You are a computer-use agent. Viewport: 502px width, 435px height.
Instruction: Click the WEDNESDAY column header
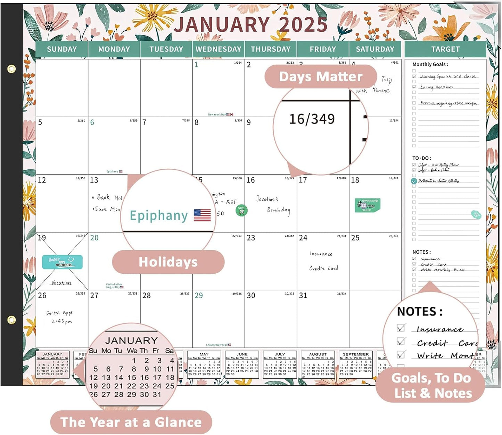218,49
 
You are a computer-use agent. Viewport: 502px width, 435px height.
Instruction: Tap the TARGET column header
445,49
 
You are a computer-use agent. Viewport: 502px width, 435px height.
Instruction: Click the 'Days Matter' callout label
321,76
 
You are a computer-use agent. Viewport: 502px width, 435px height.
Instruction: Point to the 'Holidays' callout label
168,262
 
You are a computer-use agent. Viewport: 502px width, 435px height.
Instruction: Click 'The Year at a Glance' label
131,422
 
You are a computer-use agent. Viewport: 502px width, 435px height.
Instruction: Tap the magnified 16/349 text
312,119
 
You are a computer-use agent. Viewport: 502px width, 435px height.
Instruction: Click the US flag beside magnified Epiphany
202,215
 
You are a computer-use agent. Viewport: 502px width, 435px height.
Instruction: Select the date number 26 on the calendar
42,296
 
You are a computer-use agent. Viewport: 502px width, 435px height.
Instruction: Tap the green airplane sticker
241,210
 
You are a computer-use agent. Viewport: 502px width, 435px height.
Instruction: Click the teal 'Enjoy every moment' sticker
63,262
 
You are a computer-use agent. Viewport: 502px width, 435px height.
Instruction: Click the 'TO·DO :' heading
422,158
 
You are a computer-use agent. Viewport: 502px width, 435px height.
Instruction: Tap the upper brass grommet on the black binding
11,69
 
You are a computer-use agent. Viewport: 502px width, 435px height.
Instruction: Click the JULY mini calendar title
280,354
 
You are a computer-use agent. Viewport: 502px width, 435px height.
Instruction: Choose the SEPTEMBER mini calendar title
355,354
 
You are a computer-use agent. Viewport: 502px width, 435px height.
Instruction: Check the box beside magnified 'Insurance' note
401,328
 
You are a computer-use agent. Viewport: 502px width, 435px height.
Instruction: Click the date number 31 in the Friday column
303,296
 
